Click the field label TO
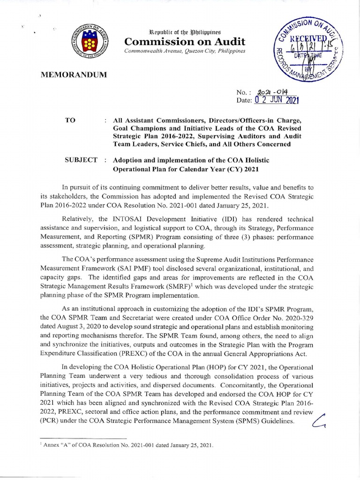coord(73,120)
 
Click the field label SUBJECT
coord(81,160)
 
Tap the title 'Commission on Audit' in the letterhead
coord(183,42)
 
